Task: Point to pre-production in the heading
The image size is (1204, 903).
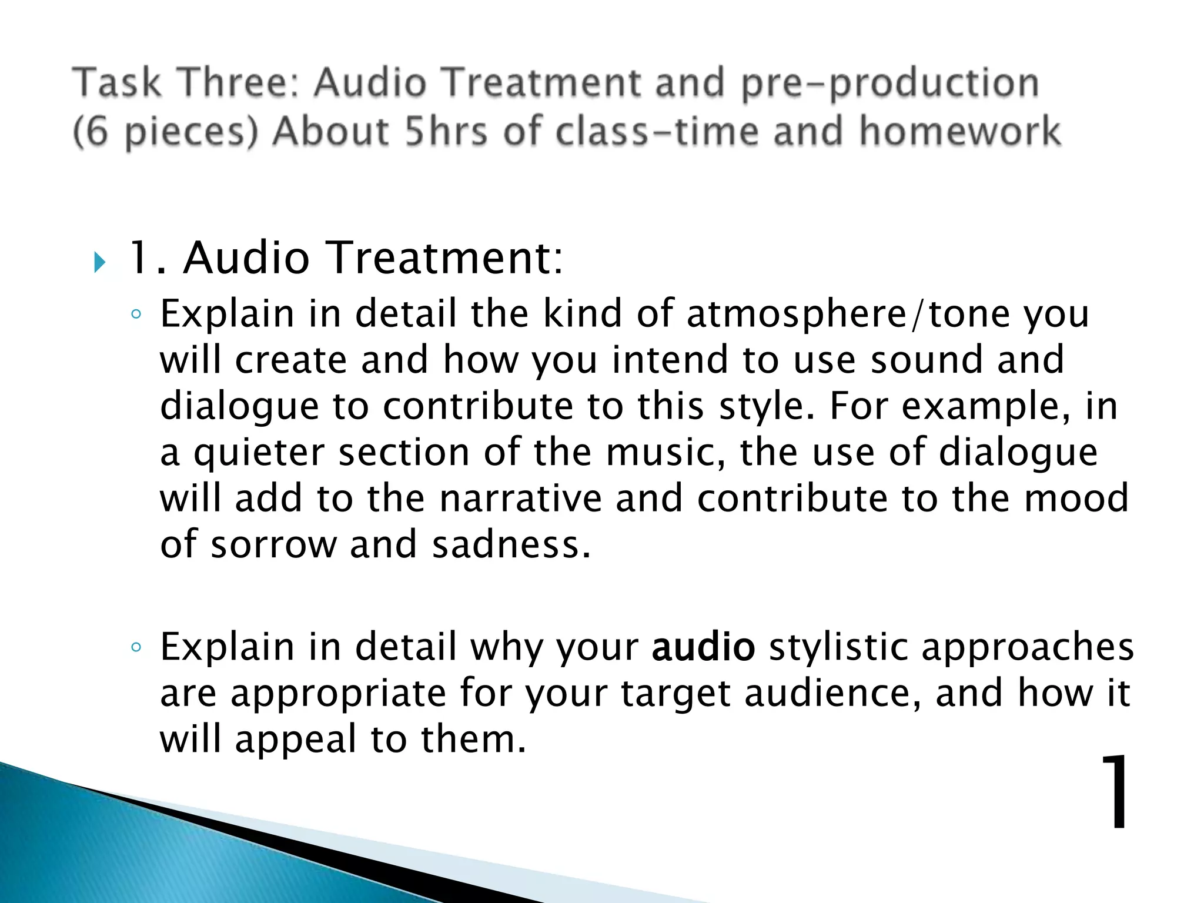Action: click(x=889, y=83)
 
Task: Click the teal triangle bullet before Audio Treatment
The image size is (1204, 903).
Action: click(x=99, y=262)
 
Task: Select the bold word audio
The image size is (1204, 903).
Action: click(x=703, y=647)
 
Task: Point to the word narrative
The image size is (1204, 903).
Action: click(x=521, y=499)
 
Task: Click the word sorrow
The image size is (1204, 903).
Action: click(x=273, y=544)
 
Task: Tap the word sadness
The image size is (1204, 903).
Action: click(x=510, y=544)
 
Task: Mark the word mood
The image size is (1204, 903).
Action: click(x=1076, y=499)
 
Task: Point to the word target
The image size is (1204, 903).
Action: click(x=675, y=694)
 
